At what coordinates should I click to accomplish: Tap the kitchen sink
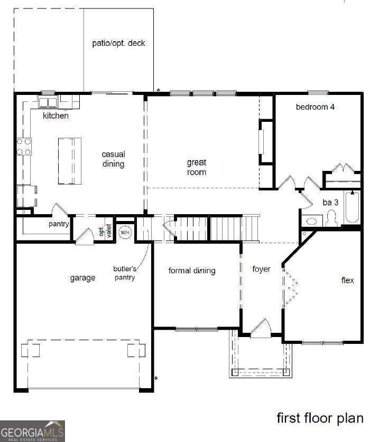click(x=48, y=102)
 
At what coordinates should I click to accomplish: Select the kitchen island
click(x=69, y=161)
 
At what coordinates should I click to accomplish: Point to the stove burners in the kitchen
click(x=24, y=147)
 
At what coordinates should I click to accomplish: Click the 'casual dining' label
click(x=114, y=159)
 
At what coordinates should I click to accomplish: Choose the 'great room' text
click(x=196, y=167)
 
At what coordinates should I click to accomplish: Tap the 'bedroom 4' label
click(x=315, y=107)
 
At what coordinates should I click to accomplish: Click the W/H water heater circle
click(x=125, y=232)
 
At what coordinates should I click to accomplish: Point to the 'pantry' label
click(x=59, y=224)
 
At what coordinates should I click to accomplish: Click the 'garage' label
click(x=82, y=278)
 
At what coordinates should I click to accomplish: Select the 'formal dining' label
click(x=192, y=271)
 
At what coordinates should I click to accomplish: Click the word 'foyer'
click(x=261, y=269)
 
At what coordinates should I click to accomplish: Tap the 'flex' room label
click(x=347, y=280)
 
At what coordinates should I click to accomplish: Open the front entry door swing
click(x=261, y=329)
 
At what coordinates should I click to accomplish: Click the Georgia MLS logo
click(x=32, y=430)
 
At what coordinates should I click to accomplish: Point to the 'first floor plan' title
click(x=320, y=418)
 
